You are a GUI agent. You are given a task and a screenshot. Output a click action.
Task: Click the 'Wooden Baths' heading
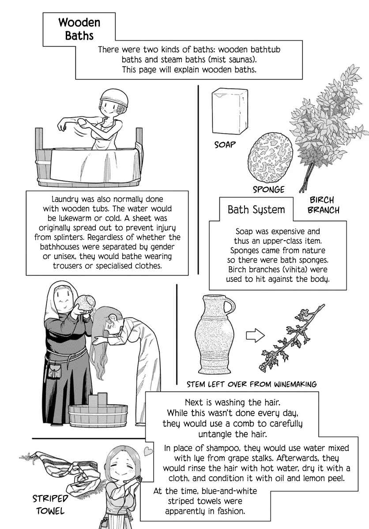click(x=79, y=29)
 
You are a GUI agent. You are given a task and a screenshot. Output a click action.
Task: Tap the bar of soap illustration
click(x=230, y=111)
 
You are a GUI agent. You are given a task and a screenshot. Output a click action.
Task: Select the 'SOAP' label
click(x=225, y=145)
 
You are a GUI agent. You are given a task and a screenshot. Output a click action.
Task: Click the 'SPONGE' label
click(x=268, y=190)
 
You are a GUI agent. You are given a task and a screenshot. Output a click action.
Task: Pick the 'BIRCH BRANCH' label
click(x=323, y=205)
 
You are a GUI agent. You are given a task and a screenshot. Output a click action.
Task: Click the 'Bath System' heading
click(x=256, y=209)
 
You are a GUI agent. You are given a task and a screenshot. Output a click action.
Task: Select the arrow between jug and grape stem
click(x=255, y=335)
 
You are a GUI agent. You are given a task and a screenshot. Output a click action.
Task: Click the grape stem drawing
click(x=292, y=338)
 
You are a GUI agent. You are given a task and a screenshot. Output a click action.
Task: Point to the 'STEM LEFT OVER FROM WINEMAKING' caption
click(x=252, y=384)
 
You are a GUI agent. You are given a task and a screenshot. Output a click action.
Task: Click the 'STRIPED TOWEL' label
click(x=50, y=505)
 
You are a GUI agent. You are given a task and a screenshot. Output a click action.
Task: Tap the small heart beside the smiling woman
click(x=148, y=451)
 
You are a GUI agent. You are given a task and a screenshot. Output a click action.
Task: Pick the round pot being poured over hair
click(x=84, y=303)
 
